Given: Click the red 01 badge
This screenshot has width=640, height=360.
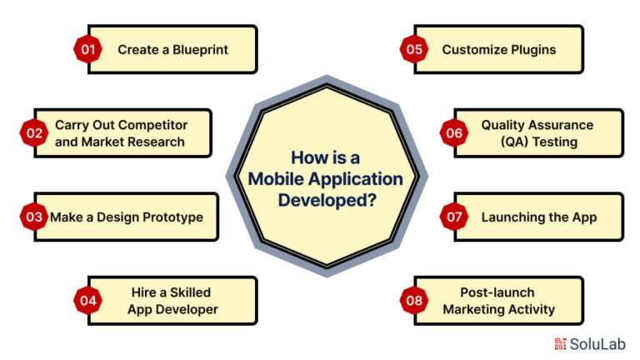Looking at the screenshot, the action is [87, 49].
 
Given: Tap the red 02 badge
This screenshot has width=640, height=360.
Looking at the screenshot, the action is [34, 133].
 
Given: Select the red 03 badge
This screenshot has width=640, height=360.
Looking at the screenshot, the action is [34, 217].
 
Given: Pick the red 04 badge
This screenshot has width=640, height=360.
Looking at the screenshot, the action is [87, 300].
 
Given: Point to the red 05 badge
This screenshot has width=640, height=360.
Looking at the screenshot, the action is [414, 49].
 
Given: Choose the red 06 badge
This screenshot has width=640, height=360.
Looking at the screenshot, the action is [454, 133].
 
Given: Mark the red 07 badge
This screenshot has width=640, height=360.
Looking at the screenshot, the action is [454, 217].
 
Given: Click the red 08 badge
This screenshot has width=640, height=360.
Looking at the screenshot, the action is [414, 300].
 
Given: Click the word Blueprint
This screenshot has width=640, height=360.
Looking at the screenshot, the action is [200, 50].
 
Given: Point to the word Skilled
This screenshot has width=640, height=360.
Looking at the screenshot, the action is [190, 292].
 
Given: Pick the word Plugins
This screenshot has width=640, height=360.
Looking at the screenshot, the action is [533, 50].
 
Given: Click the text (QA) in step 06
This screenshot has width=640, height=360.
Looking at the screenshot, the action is [515, 142].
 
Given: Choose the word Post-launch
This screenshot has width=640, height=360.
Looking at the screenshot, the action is [497, 292].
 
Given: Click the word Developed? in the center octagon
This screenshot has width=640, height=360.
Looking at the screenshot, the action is [327, 200].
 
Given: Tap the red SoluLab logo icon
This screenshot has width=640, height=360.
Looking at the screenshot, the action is [560, 343].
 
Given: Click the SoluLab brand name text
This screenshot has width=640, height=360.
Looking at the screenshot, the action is [597, 344].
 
